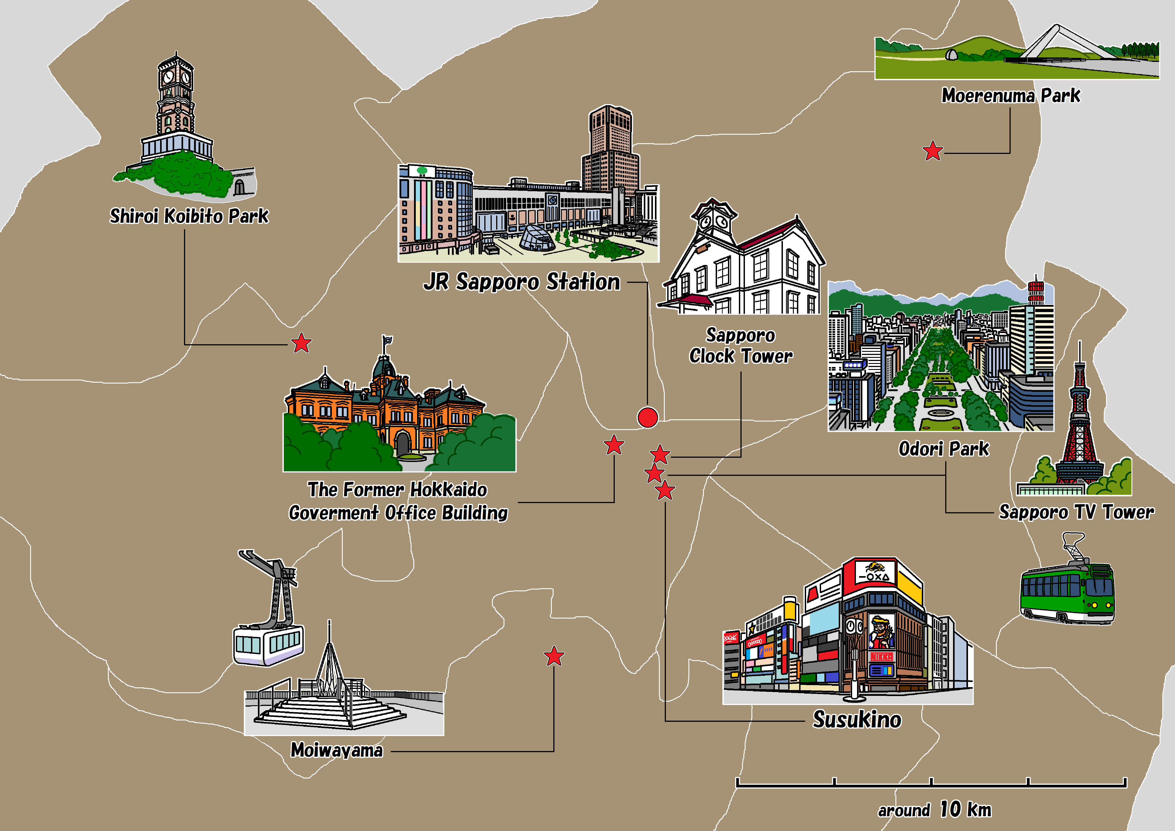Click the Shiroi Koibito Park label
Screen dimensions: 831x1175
coord(189,216)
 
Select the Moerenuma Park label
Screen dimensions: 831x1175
coord(1011,96)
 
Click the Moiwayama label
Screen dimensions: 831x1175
coord(337,750)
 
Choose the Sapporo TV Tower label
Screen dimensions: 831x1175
coord(1076,512)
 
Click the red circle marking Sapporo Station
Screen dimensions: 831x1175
coord(647,417)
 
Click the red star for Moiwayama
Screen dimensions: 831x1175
coord(554,656)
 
